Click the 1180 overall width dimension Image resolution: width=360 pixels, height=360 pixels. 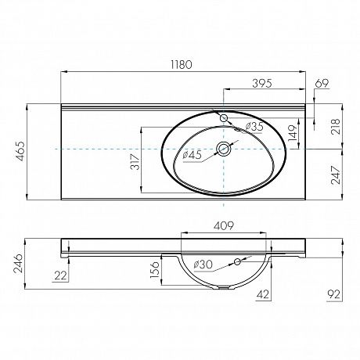click(182, 65)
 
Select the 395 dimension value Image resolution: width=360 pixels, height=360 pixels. click(262, 83)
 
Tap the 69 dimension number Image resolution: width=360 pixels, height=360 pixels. click(322, 83)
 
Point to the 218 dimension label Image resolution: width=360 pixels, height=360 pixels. click(336, 127)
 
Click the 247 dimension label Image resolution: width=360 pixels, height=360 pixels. click(336, 175)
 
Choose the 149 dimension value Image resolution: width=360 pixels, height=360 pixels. click(293, 133)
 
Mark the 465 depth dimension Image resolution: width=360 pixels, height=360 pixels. click(20, 151)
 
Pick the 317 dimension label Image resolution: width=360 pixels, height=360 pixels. click(135, 162)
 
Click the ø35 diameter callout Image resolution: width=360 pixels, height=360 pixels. click(254, 127)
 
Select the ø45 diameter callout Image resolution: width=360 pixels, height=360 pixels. click(193, 155)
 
